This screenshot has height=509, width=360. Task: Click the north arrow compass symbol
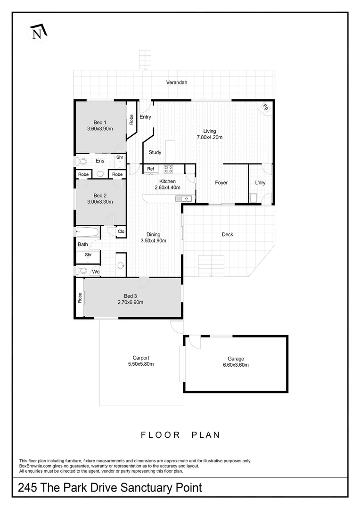click(x=37, y=32)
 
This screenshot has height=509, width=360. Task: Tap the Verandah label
click(x=177, y=82)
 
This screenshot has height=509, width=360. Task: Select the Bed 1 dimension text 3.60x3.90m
click(x=100, y=128)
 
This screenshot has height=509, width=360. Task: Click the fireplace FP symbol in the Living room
click(x=265, y=107)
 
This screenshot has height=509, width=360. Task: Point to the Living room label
click(x=210, y=131)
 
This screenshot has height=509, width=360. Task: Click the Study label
click(x=155, y=152)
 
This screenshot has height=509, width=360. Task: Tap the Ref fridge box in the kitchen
click(x=151, y=169)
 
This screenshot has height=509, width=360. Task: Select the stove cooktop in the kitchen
click(x=169, y=169)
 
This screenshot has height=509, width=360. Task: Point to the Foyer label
click(x=221, y=182)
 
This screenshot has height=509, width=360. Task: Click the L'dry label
click(x=260, y=182)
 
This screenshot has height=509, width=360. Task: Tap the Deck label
click(x=228, y=234)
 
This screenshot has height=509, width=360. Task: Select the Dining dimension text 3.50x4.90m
click(x=153, y=240)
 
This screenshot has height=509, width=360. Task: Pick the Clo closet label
click(x=121, y=231)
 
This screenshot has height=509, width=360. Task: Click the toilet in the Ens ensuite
click(x=82, y=161)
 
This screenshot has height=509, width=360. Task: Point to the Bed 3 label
click(x=124, y=296)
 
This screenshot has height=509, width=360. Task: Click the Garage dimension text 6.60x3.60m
click(x=236, y=365)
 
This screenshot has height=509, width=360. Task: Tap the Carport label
click(x=141, y=358)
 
